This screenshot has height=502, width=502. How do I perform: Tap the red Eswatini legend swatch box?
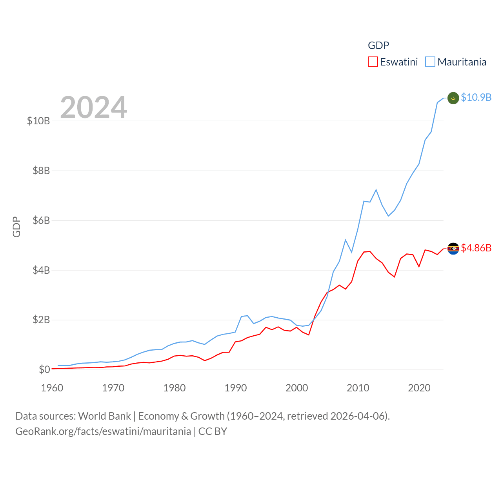tap(373, 62)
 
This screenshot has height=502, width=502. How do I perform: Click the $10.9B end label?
tap(476, 97)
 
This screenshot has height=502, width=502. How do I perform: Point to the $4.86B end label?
tap(476, 248)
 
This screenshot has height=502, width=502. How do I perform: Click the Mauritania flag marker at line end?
tap(453, 98)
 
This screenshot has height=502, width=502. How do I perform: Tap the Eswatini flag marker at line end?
tap(453, 248)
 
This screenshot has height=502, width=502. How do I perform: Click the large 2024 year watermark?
tap(94, 107)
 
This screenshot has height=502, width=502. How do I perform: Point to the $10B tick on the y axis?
tap(38, 121)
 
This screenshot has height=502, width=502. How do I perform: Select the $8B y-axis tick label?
tap(41, 171)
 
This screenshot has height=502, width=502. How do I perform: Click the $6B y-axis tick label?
tap(41, 220)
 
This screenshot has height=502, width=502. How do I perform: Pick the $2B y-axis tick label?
tap(41, 320)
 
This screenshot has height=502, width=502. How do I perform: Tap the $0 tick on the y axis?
tap(44, 369)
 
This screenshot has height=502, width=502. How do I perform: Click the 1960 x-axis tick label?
tap(52, 388)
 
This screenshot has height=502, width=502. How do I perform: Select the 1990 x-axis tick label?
tap(236, 388)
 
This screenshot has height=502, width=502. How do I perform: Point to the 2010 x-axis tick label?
tap(358, 388)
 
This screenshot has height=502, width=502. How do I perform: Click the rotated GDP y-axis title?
tap(16, 227)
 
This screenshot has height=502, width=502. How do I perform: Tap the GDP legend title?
tap(378, 45)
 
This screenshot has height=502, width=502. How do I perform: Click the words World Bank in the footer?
tap(104, 416)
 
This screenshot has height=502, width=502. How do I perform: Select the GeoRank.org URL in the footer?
tap(103, 431)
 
